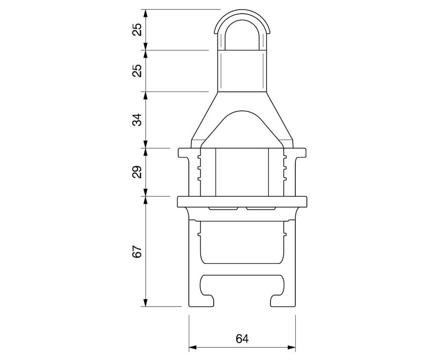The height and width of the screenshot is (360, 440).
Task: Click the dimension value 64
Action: (x=242, y=338)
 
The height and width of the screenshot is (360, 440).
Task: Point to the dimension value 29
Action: (x=137, y=172)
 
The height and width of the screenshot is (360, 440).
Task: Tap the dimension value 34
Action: (x=137, y=120)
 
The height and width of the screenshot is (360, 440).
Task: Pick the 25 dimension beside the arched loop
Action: (x=137, y=30)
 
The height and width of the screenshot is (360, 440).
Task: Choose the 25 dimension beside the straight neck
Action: (x=137, y=71)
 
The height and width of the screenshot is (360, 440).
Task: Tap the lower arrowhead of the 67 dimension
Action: (x=145, y=302)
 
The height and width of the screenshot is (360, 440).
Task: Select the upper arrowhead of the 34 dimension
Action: (x=145, y=96)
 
